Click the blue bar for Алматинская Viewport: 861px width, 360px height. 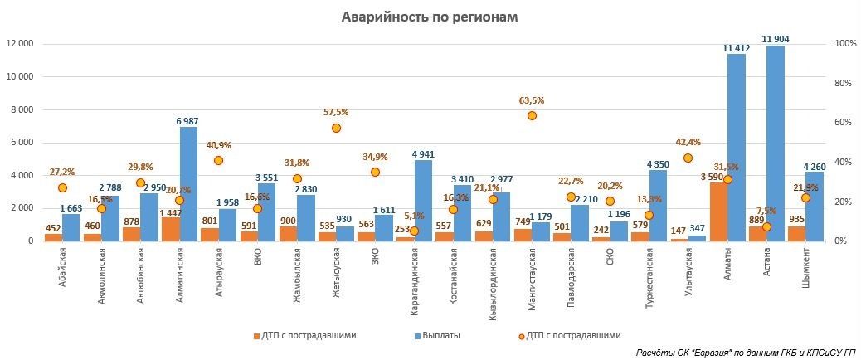coord(188,183)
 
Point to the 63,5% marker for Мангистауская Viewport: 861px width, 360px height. coord(532,115)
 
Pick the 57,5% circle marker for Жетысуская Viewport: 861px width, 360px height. coord(336,128)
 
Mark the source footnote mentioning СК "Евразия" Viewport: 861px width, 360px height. coord(746,353)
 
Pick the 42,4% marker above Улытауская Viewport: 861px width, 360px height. coord(688,158)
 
